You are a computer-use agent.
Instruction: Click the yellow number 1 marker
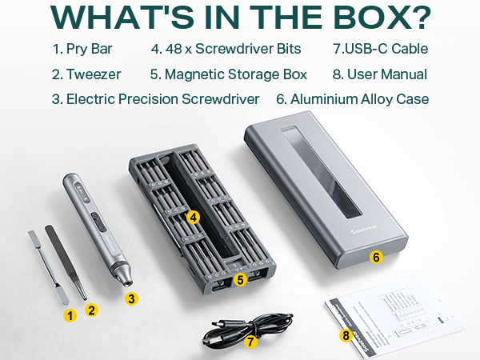pos(70,316)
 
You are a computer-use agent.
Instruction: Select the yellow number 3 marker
pos(133,298)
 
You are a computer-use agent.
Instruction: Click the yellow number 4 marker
pos(193,217)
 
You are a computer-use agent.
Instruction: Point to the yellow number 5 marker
pos(239,280)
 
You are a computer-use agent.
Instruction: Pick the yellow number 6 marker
pos(376,258)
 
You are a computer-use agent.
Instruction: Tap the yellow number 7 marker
pos(250,342)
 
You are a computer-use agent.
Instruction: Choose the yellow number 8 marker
pos(346,335)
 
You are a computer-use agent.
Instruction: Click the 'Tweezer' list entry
pos(93,74)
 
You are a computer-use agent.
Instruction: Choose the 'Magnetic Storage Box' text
pos(235,74)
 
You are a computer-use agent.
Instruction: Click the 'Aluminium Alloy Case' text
pos(359,99)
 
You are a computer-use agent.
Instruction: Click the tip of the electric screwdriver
pos(126,282)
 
